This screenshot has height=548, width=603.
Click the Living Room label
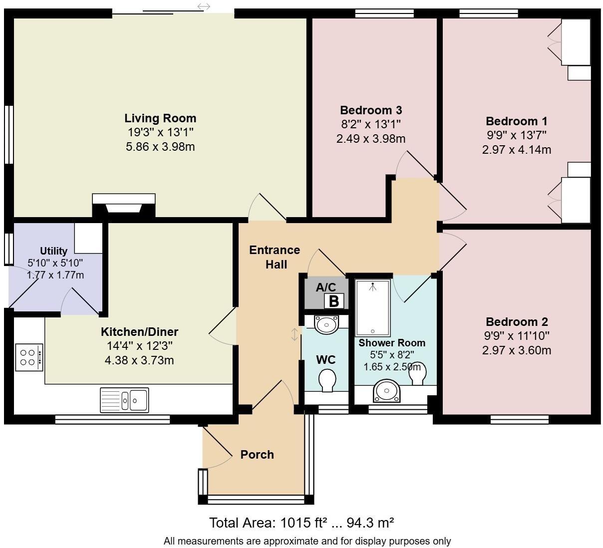click(x=160, y=118)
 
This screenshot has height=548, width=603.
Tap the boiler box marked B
click(x=333, y=301)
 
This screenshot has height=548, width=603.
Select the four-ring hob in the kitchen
click(x=29, y=357)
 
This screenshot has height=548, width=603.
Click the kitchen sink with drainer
click(x=124, y=400)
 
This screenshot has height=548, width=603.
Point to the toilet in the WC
click(x=327, y=380)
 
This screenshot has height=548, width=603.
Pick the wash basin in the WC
click(x=326, y=324)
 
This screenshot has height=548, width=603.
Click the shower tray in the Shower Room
click(x=373, y=307)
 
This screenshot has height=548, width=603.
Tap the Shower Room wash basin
click(x=386, y=390)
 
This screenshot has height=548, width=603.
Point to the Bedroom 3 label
click(x=371, y=110)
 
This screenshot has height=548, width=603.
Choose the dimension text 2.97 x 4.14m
click(x=517, y=150)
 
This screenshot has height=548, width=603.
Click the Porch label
click(x=257, y=455)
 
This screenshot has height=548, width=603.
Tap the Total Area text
click(x=301, y=523)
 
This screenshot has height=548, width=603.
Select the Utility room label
click(x=53, y=251)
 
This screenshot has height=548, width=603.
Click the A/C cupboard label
click(x=326, y=287)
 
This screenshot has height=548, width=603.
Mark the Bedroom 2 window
click(x=519, y=420)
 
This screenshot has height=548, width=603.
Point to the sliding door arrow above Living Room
click(x=204, y=6)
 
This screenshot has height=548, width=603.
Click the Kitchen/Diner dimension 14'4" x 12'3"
click(x=139, y=346)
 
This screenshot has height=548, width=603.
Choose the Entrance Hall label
click(x=275, y=257)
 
